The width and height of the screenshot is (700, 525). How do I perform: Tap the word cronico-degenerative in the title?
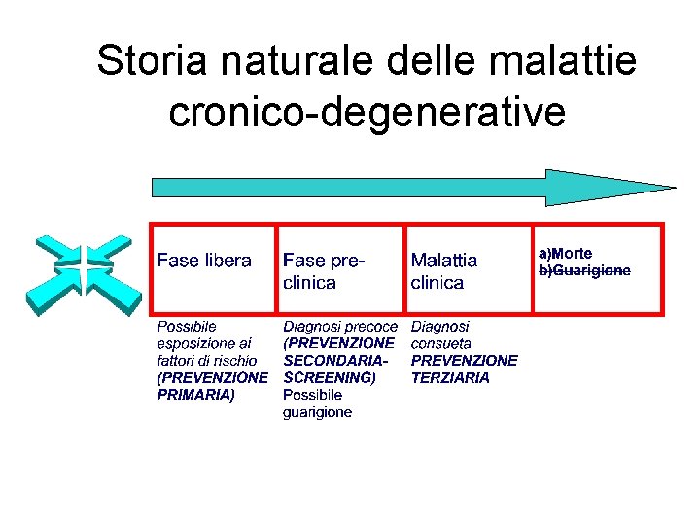pyautogui.click(x=367, y=112)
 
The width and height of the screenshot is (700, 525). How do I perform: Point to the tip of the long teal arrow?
pyautogui.click(x=673, y=187)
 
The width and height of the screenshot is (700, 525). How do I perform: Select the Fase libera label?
pyautogui.click(x=204, y=261)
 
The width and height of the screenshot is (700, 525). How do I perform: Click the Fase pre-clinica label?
pyautogui.click(x=324, y=271)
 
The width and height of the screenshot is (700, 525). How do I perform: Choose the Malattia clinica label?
pyautogui.click(x=444, y=271)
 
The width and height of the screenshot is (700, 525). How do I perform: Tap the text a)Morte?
pyautogui.click(x=566, y=253)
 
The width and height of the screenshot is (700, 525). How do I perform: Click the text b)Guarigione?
pyautogui.click(x=584, y=270)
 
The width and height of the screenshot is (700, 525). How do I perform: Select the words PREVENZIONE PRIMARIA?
pyautogui.click(x=212, y=385)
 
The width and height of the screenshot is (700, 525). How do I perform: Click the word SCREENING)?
pyautogui.click(x=329, y=377)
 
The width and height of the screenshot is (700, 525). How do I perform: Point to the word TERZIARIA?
pyautogui.click(x=450, y=377)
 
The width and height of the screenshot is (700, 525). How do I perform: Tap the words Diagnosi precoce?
pyautogui.click(x=340, y=327)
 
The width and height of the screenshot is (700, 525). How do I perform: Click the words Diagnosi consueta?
pyautogui.click(x=440, y=335)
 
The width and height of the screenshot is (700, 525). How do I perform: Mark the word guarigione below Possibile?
pyautogui.click(x=317, y=412)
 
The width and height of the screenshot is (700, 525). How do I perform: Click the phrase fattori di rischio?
pyautogui.click(x=207, y=360)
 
